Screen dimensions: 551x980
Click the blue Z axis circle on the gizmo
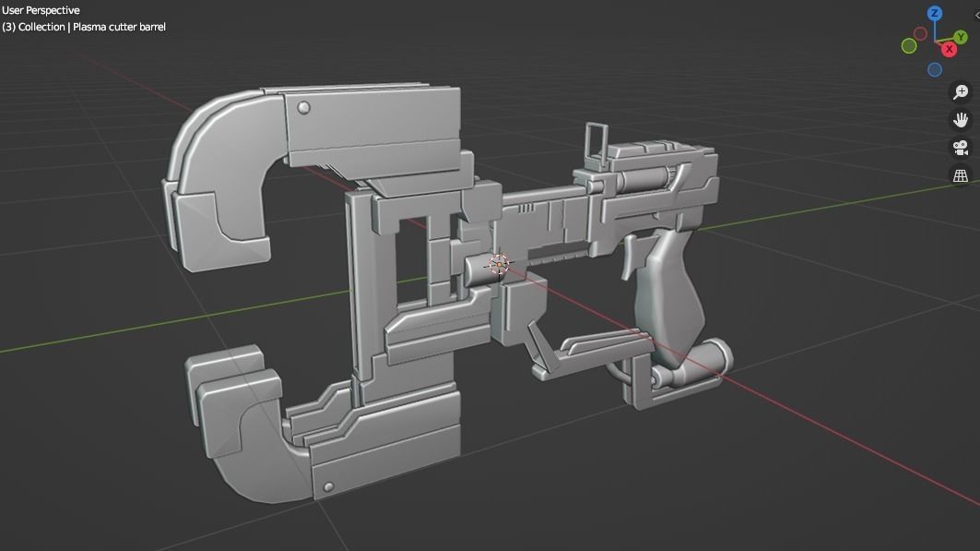pyautogui.click(x=935, y=14)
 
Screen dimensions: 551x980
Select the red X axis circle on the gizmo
pyautogui.click(x=949, y=49)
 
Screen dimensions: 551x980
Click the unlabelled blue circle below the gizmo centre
pyautogui.click(x=935, y=70)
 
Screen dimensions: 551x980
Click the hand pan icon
pyautogui.click(x=960, y=119)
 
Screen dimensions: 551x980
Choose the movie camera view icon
pyautogui.click(x=960, y=148)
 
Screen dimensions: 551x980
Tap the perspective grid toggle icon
pyautogui.click(x=960, y=175)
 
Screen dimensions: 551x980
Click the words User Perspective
pyautogui.click(x=41, y=10)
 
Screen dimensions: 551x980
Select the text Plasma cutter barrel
pyautogui.click(x=119, y=27)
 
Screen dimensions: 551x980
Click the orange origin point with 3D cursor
pyautogui.click(x=498, y=265)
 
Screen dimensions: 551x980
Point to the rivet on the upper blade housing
pyautogui.click(x=303, y=109)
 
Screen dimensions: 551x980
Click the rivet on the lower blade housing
pyautogui.click(x=326, y=486)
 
